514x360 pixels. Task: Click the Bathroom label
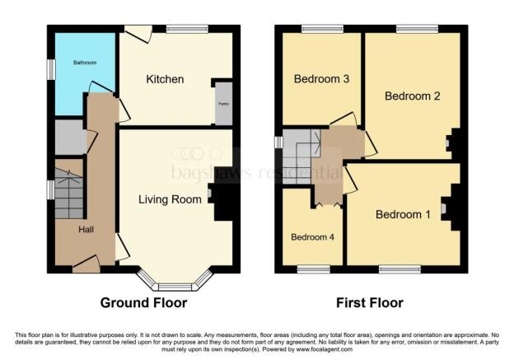(x=84, y=63)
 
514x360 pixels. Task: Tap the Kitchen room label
(x=165, y=80)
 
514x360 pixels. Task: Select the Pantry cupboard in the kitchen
(x=222, y=104)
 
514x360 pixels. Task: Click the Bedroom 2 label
(x=412, y=96)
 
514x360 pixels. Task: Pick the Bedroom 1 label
(x=403, y=215)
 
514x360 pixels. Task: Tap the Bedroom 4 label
(x=312, y=236)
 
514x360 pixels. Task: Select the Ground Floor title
(x=143, y=303)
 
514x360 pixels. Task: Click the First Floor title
(x=370, y=303)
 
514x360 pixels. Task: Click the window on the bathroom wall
(x=50, y=69)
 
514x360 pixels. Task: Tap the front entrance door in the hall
(x=86, y=264)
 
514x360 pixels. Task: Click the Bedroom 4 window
(x=312, y=269)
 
